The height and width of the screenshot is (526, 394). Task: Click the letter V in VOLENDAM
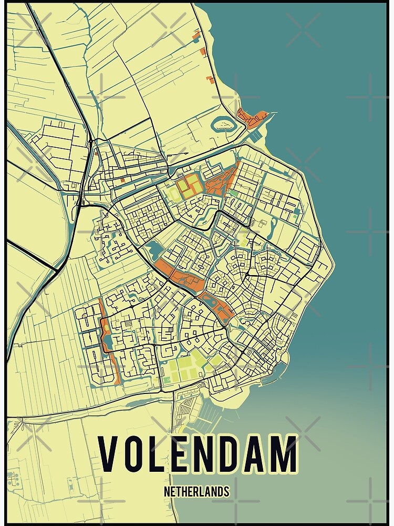(x=108, y=453)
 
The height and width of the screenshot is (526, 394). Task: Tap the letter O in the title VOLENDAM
(x=135, y=453)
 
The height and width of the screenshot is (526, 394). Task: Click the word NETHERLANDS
(x=196, y=492)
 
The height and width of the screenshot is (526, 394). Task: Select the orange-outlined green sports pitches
(x=189, y=187)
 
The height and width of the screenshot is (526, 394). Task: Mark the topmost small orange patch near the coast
(x=198, y=36)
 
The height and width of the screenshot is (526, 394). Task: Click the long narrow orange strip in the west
(x=109, y=342)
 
